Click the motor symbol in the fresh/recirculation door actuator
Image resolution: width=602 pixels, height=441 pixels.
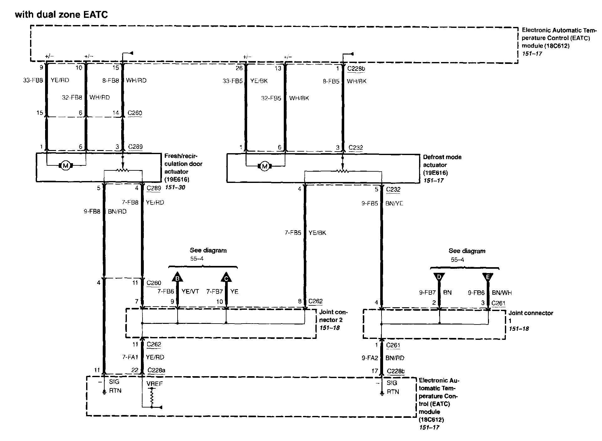coord(65,165)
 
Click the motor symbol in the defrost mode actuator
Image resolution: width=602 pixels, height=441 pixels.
coord(265,166)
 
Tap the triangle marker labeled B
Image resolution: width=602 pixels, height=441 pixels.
coord(177,278)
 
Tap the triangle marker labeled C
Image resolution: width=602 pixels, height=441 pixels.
coord(226,278)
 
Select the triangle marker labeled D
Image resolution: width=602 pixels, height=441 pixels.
coord(439,277)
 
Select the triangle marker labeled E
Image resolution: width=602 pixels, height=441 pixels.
coord(488,277)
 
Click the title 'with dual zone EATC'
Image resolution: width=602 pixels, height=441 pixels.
coord(61,14)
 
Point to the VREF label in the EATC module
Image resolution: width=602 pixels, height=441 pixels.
coord(155,383)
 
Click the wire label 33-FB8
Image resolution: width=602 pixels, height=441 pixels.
coord(33,80)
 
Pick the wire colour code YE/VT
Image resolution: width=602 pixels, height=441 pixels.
coord(190,292)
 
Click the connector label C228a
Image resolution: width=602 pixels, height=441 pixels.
coord(156,370)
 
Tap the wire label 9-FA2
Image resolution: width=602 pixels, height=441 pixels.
coord(370,358)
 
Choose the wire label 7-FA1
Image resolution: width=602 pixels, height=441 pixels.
coord(130,357)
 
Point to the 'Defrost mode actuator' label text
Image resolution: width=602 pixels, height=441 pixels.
coord(442,161)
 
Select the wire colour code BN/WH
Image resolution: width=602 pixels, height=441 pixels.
coord(502,293)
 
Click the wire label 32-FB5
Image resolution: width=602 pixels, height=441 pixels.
coord(271,98)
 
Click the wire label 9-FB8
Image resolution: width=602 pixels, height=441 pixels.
coord(92,211)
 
